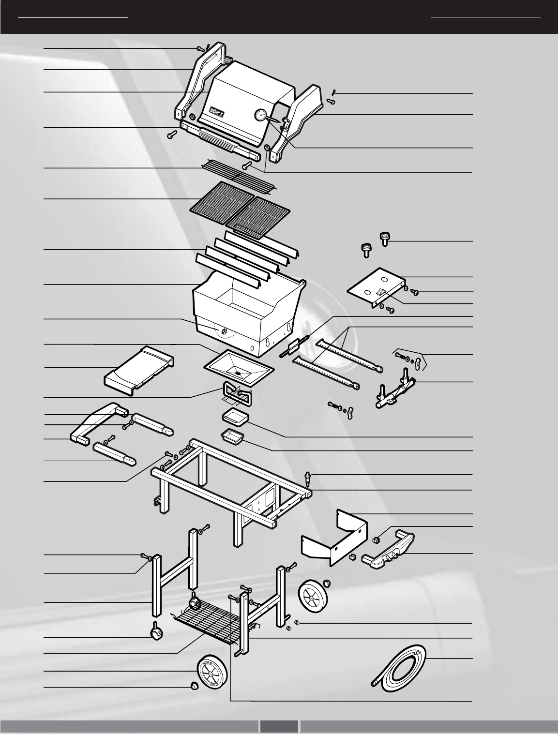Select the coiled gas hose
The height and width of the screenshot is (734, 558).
(400, 667)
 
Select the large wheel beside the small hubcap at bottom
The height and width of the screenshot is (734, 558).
(211, 671)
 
